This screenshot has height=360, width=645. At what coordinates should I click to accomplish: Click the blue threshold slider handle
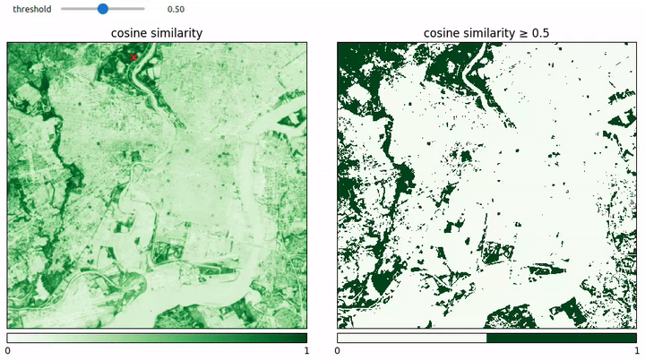102,9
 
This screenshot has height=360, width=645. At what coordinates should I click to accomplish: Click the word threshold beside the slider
31,9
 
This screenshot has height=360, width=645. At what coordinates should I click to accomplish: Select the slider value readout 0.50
176,9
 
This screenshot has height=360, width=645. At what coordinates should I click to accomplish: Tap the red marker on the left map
133,57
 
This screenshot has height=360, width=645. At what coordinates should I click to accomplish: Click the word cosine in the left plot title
128,33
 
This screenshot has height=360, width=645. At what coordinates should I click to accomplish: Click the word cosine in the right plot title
442,33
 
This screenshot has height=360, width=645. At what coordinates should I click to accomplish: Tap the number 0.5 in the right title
541,33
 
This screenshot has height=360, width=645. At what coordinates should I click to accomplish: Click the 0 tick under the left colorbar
7,352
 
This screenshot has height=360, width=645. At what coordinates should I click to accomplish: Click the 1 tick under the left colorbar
306,352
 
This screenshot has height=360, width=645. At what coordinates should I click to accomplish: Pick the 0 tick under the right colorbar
338,352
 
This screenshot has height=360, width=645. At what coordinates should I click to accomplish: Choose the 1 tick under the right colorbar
637,352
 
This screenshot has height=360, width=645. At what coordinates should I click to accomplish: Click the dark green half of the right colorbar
562,338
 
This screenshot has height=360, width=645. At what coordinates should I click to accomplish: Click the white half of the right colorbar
412,338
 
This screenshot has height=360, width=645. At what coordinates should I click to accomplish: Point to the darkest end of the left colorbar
302,338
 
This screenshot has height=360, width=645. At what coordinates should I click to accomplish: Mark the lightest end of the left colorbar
12,338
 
